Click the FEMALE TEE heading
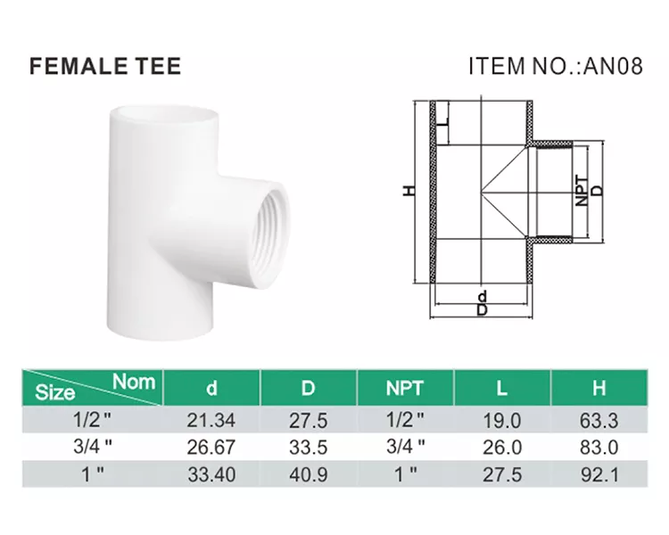(x=105, y=66)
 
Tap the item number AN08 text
(x=613, y=66)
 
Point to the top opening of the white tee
(x=164, y=114)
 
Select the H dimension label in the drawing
(x=409, y=191)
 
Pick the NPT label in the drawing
(x=581, y=191)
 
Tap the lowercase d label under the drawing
(x=482, y=296)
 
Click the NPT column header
(x=404, y=388)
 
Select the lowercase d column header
(x=211, y=388)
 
